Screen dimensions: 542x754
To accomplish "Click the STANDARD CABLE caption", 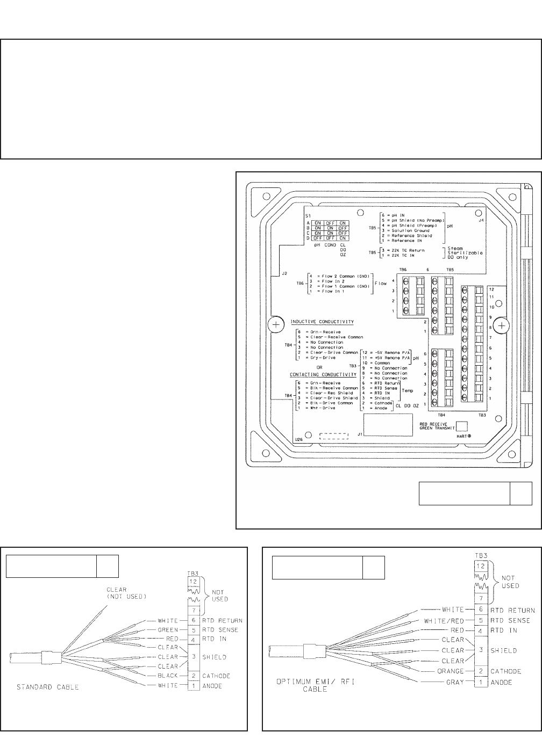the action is pyautogui.click(x=47, y=687).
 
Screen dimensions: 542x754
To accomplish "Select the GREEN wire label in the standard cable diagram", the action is pyautogui.click(x=167, y=630).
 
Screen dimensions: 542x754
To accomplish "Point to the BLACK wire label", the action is pyautogui.click(x=167, y=676).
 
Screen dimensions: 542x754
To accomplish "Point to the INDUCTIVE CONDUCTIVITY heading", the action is pyautogui.click(x=322, y=322).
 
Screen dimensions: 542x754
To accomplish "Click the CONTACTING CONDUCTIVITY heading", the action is pyautogui.click(x=323, y=374).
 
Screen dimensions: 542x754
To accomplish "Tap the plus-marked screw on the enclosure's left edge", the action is pyautogui.click(x=275, y=325).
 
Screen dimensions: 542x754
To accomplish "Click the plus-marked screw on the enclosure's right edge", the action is pyautogui.click(x=501, y=326).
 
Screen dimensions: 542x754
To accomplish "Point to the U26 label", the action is pyautogui.click(x=298, y=439).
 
